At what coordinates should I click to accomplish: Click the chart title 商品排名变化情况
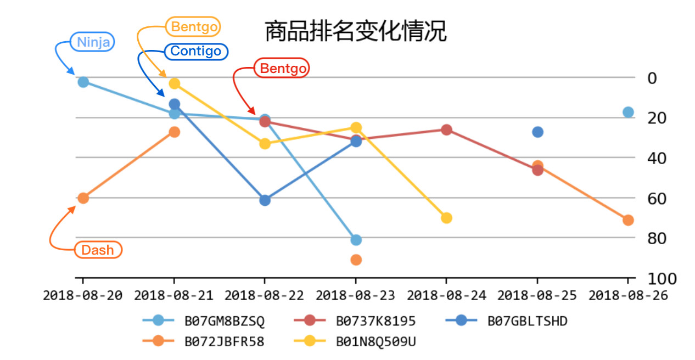coord(355,32)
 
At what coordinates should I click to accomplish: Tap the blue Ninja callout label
coord(93,42)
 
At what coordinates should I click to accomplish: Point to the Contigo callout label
coord(196,52)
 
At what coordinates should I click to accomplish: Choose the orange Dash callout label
coord(98,250)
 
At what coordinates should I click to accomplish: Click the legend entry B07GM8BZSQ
coord(224,321)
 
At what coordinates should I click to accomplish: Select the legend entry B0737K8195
coord(375,321)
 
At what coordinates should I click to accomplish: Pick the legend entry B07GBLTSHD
coord(527,321)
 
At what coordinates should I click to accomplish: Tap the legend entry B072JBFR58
coord(224,341)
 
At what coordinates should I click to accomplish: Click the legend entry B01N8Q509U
coord(375,341)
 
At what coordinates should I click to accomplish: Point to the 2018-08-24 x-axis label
coord(446,295)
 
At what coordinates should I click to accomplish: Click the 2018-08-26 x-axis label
coord(628,295)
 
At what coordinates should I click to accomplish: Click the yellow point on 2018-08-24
coord(446,218)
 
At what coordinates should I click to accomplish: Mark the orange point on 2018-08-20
coord(83,198)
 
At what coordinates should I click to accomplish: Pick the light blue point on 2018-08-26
coord(628,112)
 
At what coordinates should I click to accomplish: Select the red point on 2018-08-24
coord(446,130)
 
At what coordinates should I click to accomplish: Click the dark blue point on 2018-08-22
coord(265,200)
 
